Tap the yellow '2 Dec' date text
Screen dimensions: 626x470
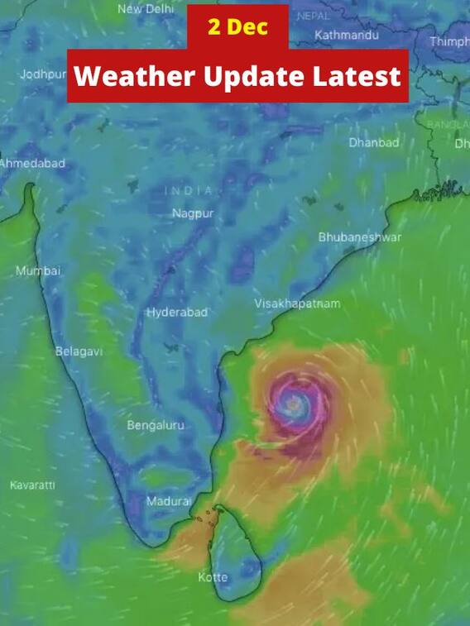pos(237,27)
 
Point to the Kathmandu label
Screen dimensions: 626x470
pos(347,36)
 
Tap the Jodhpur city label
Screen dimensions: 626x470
pos(43,74)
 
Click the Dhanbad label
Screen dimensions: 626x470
pos(373,142)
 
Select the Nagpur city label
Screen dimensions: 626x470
pos(193,213)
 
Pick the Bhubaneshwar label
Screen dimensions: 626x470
pos(360,237)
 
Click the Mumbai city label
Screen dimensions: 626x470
pos(38,270)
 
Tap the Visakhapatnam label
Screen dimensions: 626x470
pos(297,303)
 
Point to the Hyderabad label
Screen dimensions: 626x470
pos(177,313)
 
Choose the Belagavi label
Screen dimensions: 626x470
pos(79,351)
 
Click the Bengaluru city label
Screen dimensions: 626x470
pos(156,425)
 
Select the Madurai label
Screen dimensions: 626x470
pos(169,501)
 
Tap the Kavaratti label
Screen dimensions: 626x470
pos(32,485)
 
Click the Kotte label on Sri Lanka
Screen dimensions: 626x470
pos(213,576)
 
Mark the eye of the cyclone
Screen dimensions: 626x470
pos(294,404)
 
